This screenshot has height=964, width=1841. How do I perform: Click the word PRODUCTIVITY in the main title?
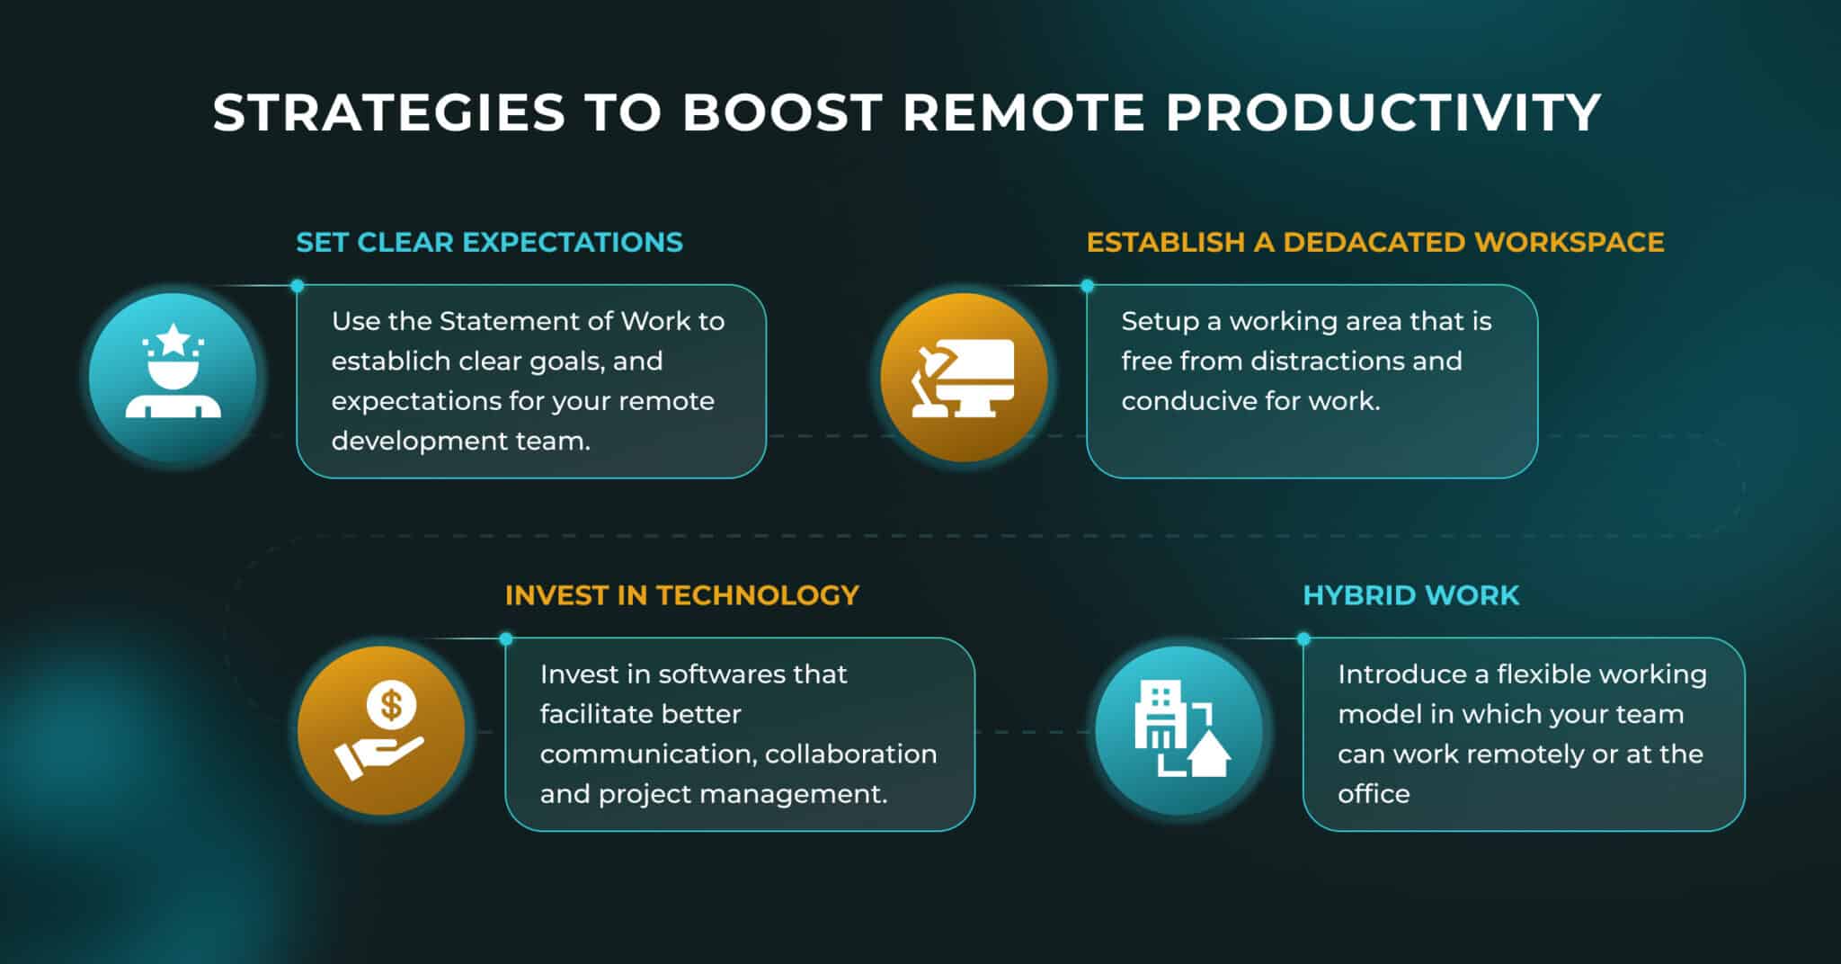point(1383,112)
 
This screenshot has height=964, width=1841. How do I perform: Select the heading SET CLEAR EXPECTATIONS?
point(489,242)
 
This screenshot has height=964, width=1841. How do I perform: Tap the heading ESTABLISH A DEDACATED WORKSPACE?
point(1374,242)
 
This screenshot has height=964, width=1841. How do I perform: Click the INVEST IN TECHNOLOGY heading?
point(681,595)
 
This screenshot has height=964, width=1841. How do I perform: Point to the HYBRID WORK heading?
point(1410,595)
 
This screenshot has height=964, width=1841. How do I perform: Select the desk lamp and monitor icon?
point(964,377)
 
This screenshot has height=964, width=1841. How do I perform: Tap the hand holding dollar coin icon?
point(381,730)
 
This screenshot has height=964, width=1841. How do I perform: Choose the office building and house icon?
point(1178,730)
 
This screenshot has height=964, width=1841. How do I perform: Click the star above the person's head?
point(173,340)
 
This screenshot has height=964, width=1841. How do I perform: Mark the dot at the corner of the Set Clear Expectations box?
point(298,286)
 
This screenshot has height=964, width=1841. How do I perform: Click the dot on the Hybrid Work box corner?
point(1303,639)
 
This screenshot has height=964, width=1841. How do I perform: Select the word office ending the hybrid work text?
point(1373,794)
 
